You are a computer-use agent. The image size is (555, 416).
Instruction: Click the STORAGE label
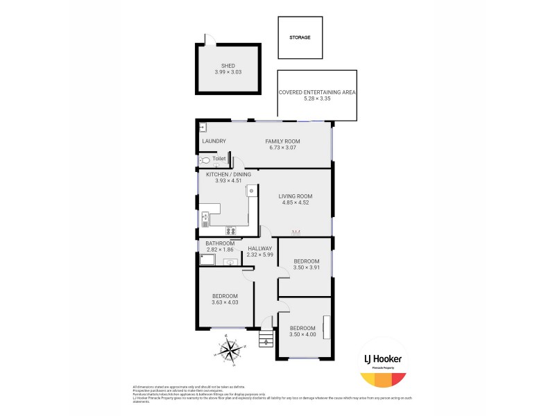point(300,37)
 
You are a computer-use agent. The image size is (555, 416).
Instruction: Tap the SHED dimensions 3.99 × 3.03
point(228,72)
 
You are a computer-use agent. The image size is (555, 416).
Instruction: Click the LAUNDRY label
point(214,141)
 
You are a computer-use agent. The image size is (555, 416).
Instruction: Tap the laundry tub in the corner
point(202,127)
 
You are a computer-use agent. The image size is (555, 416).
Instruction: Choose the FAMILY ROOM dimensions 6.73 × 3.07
point(282,148)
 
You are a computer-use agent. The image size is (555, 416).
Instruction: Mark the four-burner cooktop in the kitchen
point(230,231)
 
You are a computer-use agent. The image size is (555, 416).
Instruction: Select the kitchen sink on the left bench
point(205,219)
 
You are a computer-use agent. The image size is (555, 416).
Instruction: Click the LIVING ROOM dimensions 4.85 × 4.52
point(296,203)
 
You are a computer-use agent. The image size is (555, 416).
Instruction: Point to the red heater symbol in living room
point(296,232)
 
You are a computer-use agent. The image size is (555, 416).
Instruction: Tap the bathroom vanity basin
point(227,261)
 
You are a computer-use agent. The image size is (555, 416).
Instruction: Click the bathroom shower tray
point(207,260)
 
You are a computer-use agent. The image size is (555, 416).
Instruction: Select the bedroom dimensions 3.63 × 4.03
point(225,302)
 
